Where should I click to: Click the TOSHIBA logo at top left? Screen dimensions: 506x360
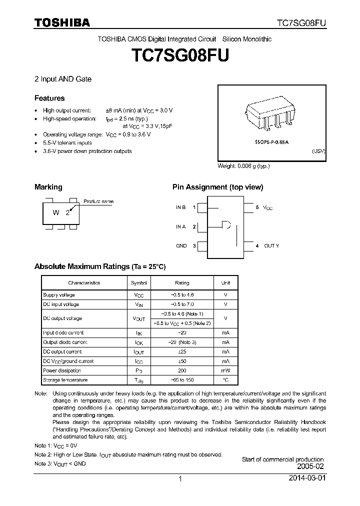click(x=62, y=22)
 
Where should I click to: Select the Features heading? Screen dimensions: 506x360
click(x=49, y=98)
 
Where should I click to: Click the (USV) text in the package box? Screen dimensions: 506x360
click(x=318, y=151)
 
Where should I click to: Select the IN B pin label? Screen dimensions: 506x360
click(x=180, y=207)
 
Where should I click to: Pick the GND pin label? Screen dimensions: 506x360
click(x=181, y=245)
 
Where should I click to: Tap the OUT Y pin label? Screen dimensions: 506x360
click(x=271, y=245)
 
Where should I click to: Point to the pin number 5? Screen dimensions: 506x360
click(x=257, y=207)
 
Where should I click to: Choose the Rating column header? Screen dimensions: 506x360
click(x=182, y=283)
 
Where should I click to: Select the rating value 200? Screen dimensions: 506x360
click(x=182, y=370)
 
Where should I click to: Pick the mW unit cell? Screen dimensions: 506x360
click(x=225, y=370)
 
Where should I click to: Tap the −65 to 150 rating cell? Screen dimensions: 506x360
click(x=182, y=380)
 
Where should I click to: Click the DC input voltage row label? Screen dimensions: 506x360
click(x=60, y=304)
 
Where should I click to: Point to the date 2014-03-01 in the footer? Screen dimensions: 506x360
click(x=306, y=478)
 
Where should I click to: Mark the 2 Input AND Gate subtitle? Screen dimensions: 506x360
click(x=63, y=79)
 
